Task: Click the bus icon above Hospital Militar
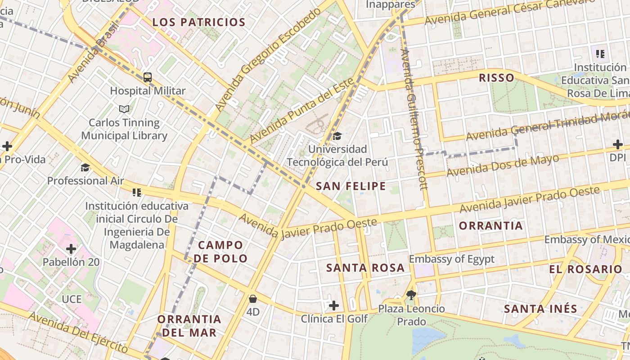[x=148, y=77]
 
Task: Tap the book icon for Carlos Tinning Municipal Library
[x=124, y=109]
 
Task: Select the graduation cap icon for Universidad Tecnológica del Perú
[x=337, y=135]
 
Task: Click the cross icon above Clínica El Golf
[x=333, y=306]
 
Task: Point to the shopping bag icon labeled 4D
[x=253, y=298]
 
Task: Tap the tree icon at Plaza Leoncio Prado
[x=410, y=295]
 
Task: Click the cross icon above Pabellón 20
[x=71, y=248]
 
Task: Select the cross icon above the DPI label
[x=618, y=144]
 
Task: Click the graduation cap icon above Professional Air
[x=85, y=167]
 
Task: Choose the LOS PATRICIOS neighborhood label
[x=199, y=22]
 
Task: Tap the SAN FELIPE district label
[x=351, y=186]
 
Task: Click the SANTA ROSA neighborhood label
[x=365, y=268]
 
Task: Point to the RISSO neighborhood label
[x=496, y=78]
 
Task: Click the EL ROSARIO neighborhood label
[x=585, y=269]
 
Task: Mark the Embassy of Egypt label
[x=451, y=259]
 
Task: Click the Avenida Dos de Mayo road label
[x=503, y=166]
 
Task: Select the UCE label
[x=72, y=299]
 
